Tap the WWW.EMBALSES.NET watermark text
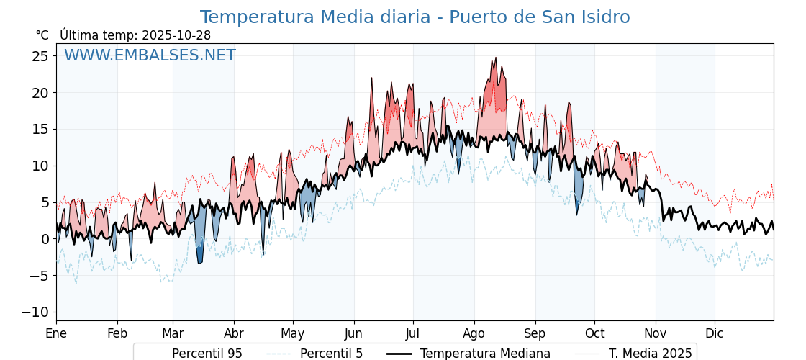pos(150,55)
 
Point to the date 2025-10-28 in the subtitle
pos(176,35)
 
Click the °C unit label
pos(42,35)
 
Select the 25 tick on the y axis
pos(40,56)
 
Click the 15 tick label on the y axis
pos(40,130)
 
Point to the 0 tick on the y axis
pos(45,239)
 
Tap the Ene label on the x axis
pos(56,334)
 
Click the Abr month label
pos(233,334)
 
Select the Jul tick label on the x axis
pos(413,334)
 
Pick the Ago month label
pos(474,334)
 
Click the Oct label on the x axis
pos(594,334)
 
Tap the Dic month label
pos(715,334)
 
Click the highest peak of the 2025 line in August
pos(495,58)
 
